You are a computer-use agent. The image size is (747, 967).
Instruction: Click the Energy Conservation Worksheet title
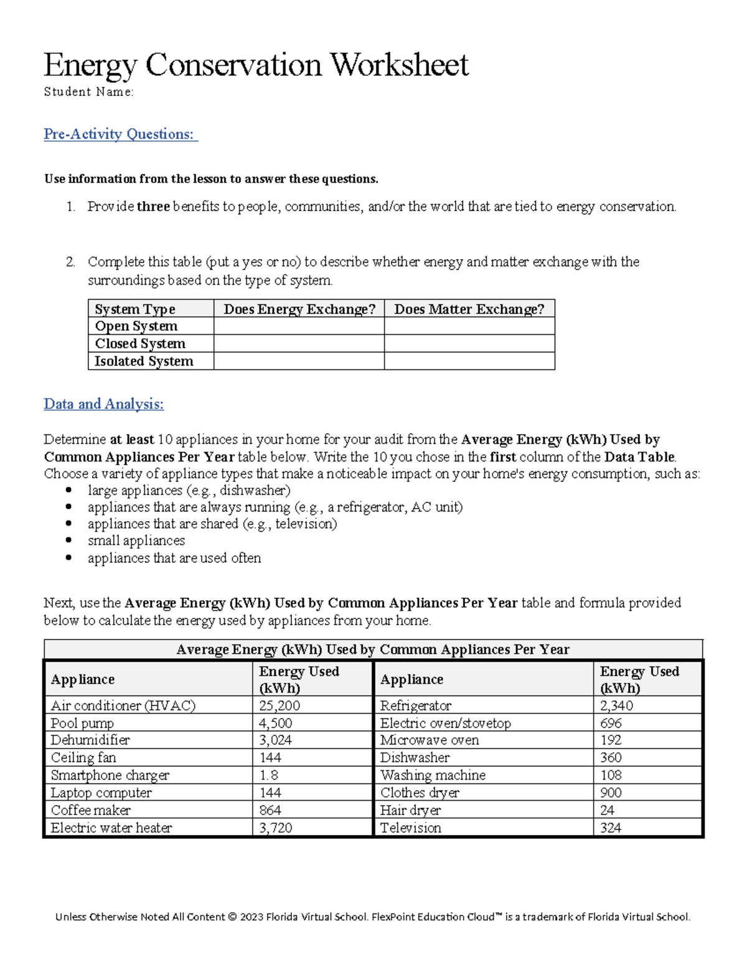tap(255, 65)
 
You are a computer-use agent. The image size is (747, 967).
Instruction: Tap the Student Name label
tap(88, 92)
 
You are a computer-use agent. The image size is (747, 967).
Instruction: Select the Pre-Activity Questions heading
tap(120, 134)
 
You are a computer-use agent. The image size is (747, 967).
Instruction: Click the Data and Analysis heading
tap(103, 404)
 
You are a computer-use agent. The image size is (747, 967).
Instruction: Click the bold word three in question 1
tap(153, 207)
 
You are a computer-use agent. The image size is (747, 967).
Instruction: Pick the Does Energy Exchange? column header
tap(299, 309)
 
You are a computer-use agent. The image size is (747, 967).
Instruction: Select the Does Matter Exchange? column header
tap(469, 309)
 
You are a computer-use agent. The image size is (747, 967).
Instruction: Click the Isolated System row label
tap(144, 361)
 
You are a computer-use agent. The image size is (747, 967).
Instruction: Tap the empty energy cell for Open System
tap(299, 326)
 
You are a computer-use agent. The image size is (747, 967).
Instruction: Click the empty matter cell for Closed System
tap(469, 344)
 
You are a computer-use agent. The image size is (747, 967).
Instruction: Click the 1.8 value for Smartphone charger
tap(269, 775)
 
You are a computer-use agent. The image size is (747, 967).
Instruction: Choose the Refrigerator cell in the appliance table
tap(416, 705)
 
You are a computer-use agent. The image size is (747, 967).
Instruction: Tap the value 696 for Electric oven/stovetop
tap(611, 723)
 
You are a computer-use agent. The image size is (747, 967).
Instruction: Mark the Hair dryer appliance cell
tap(410, 810)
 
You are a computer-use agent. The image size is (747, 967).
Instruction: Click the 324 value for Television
tap(611, 828)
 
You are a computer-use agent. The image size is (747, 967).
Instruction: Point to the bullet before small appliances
tap(68, 540)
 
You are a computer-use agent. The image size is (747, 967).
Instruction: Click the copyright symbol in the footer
tap(232, 917)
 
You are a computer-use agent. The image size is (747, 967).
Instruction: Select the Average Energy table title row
tap(373, 649)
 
